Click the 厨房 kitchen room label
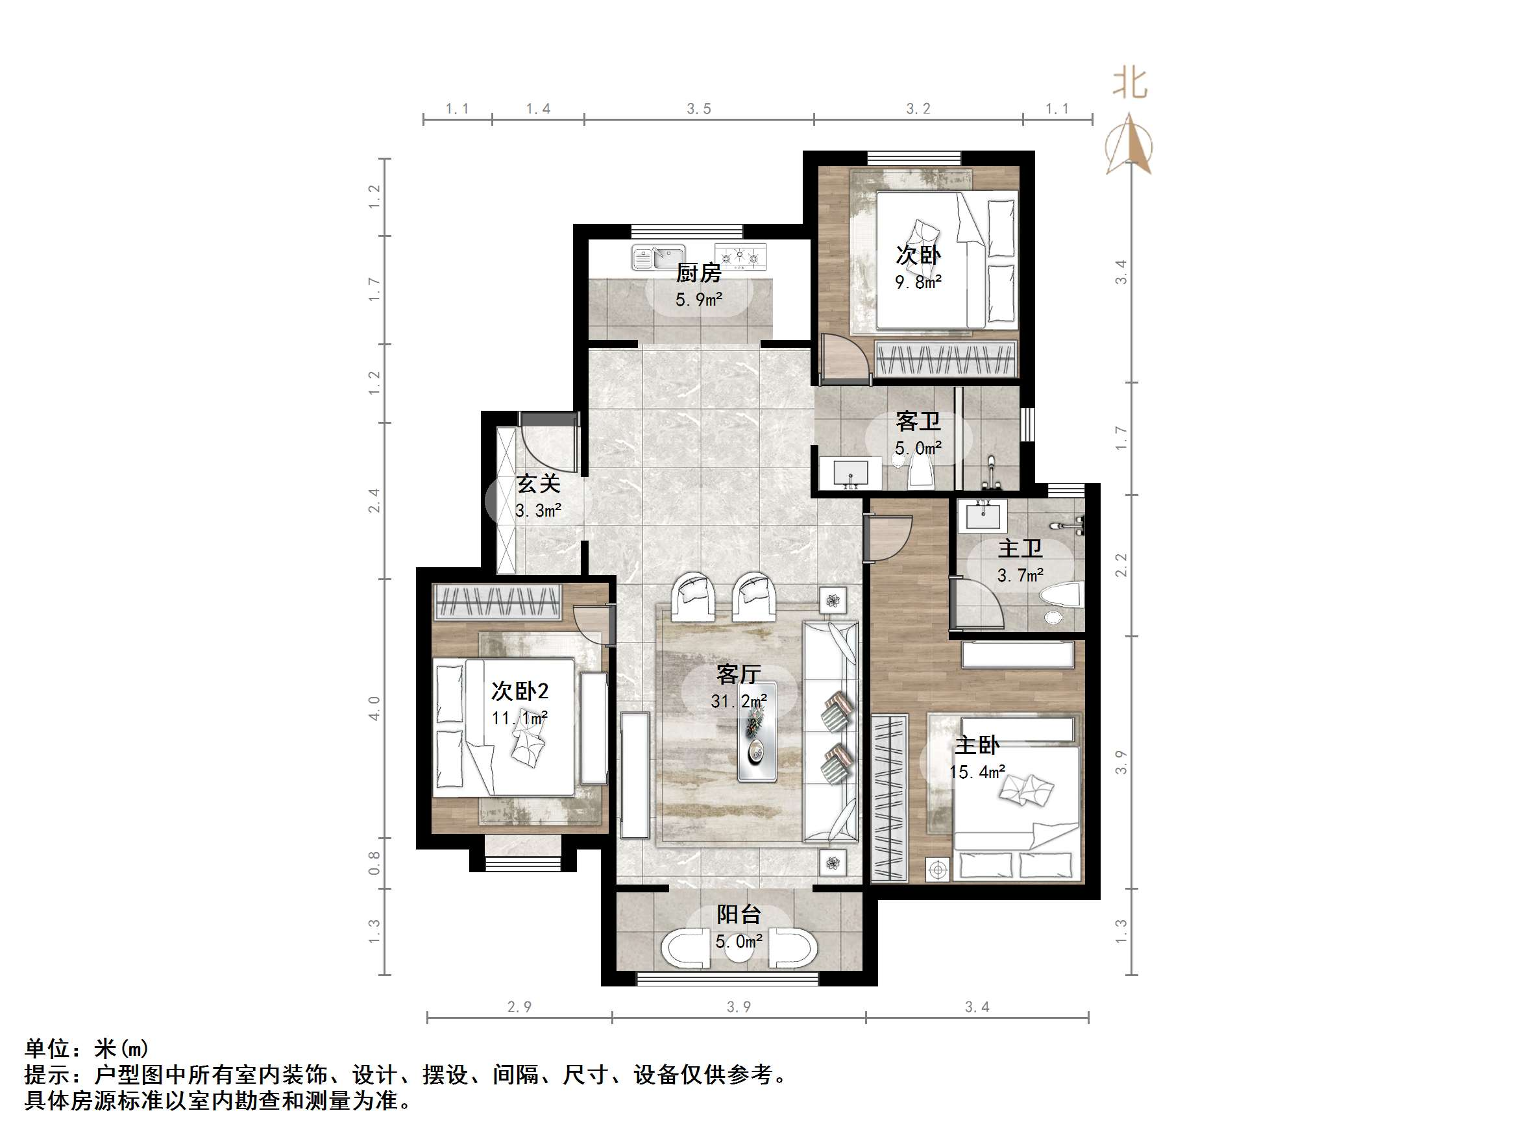(x=698, y=273)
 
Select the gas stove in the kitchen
(x=740, y=257)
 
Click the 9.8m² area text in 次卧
(x=918, y=282)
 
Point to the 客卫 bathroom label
(x=918, y=421)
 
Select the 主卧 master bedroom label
(x=977, y=745)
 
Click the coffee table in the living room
(x=757, y=731)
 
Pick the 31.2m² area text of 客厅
(x=738, y=701)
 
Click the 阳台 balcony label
(x=738, y=914)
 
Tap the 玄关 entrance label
(x=538, y=484)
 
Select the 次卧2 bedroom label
(x=519, y=691)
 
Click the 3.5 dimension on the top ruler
(x=698, y=108)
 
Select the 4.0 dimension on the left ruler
(x=374, y=707)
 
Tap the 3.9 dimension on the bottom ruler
(x=738, y=1007)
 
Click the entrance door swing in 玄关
(x=548, y=445)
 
